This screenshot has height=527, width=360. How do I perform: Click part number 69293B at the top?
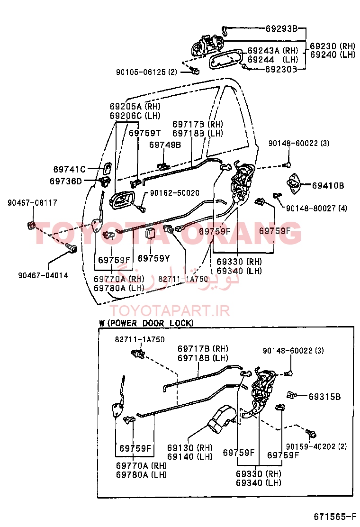[281, 28]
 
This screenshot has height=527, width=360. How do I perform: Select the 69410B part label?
[328, 185]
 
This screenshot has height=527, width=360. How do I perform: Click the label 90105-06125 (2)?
[146, 72]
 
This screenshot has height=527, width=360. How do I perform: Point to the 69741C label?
[69, 169]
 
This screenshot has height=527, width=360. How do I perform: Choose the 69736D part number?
[66, 181]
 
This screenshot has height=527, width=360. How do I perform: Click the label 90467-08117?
[32, 203]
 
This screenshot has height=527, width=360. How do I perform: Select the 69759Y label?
[154, 258]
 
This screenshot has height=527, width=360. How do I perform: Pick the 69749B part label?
[165, 145]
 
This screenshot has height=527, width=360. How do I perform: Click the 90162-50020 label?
[175, 193]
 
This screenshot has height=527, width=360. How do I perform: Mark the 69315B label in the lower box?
[324, 397]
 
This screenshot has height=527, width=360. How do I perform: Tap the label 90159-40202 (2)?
[316, 447]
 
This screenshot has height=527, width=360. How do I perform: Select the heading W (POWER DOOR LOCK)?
[146, 323]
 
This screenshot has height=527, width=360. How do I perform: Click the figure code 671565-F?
[335, 516]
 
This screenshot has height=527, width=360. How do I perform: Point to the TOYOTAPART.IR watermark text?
[170, 311]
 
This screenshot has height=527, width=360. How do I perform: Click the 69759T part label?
[145, 133]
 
